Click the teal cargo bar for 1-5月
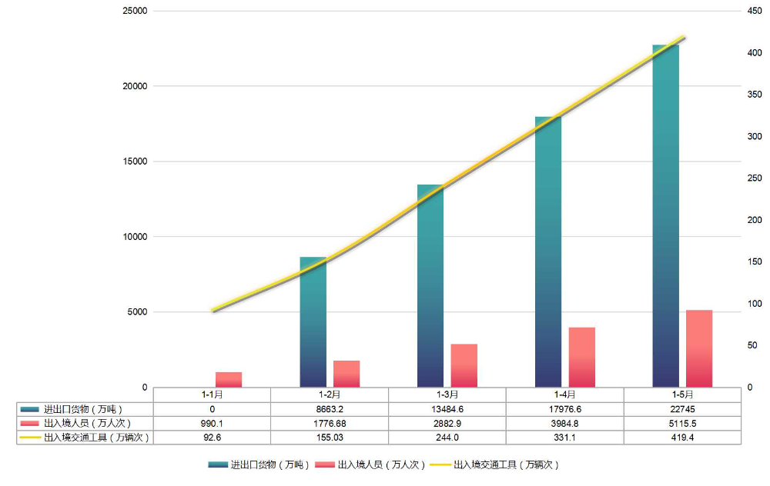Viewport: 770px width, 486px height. coord(665,215)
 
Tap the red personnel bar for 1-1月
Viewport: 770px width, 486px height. coord(229,379)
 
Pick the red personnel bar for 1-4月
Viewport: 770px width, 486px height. coord(582,357)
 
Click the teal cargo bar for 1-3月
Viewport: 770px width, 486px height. coord(430,285)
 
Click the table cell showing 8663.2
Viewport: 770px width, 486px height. coord(330,409)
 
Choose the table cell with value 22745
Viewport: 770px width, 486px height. coord(682,409)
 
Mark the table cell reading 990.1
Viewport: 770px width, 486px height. coord(212,423)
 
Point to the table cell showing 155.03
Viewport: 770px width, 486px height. coord(330,437)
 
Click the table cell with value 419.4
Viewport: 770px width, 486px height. coord(682,437)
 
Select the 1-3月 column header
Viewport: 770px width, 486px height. coord(447,394)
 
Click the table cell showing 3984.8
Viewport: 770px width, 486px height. coord(564,423)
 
